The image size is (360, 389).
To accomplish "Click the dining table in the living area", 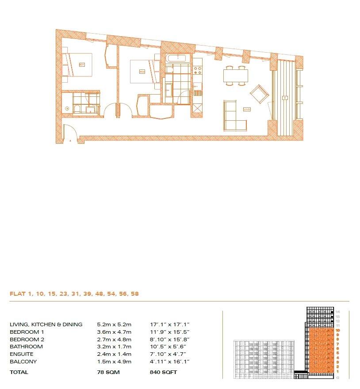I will (235, 76).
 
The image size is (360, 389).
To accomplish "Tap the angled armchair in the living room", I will (259, 94).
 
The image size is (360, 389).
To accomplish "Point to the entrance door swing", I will (69, 132).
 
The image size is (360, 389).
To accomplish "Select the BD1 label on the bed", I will (81, 65).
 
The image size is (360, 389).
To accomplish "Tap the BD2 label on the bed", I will (142, 71).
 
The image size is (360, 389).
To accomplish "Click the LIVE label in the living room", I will (247, 109).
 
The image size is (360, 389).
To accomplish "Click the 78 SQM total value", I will (108, 372).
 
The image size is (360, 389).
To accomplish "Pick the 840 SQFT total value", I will (163, 372).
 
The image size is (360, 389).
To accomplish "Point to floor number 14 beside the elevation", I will (337, 311).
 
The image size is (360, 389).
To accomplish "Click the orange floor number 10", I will (337, 330).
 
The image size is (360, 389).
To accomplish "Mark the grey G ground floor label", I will (337, 378).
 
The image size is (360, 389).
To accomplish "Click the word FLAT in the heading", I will (18, 293).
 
